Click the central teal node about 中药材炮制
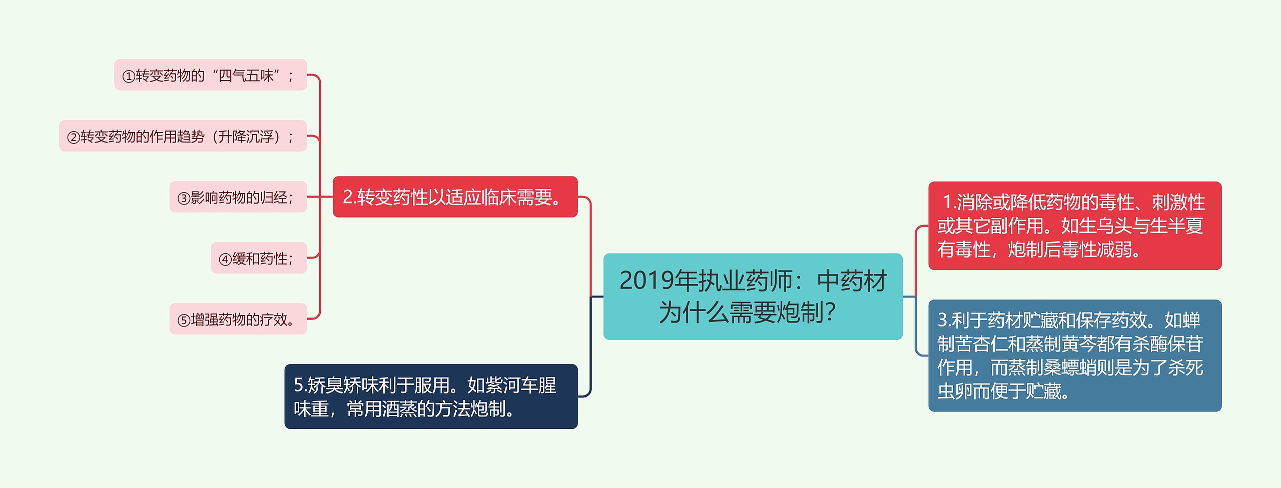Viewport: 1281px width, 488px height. (x=753, y=296)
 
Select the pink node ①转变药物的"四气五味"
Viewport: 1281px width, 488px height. (x=210, y=75)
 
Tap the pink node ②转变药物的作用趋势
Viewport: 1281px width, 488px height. (x=183, y=136)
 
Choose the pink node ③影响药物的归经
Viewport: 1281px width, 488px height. (x=238, y=197)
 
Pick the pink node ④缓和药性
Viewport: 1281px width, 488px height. (x=258, y=258)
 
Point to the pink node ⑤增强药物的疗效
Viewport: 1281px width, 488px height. (x=238, y=319)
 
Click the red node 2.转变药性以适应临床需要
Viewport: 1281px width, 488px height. (x=455, y=197)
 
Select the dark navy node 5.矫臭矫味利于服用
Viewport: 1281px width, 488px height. (x=431, y=396)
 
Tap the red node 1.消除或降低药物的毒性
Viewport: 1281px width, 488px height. (x=1074, y=225)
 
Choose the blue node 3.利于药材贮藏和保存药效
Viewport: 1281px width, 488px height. (x=1074, y=355)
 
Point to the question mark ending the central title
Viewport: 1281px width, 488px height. (x=831, y=312)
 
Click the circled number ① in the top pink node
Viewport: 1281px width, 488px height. (x=129, y=76)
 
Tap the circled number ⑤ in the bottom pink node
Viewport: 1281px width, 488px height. (x=184, y=320)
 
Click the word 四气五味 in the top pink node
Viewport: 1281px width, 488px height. (x=246, y=75)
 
